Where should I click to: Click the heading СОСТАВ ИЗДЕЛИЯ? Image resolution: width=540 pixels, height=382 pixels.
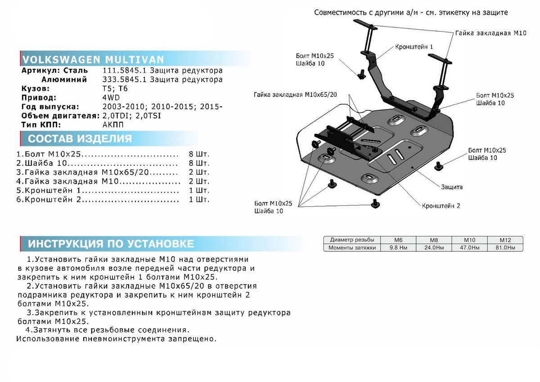point(80,138)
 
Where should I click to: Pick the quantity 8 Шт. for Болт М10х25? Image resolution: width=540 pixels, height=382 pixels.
point(200,155)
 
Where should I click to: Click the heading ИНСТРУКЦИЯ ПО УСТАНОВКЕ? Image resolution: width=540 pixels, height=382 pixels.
point(111,244)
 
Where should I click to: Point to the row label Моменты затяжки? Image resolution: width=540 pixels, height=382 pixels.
point(352,248)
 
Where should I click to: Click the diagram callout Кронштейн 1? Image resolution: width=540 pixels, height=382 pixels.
point(414,46)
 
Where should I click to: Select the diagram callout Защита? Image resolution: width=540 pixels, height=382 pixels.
point(452,186)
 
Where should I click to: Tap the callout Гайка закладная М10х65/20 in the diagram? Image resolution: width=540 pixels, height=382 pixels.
point(301,95)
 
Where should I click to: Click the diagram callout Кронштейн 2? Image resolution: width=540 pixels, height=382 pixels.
point(441,206)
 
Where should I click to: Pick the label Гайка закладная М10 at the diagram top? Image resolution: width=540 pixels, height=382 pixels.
point(484,33)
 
